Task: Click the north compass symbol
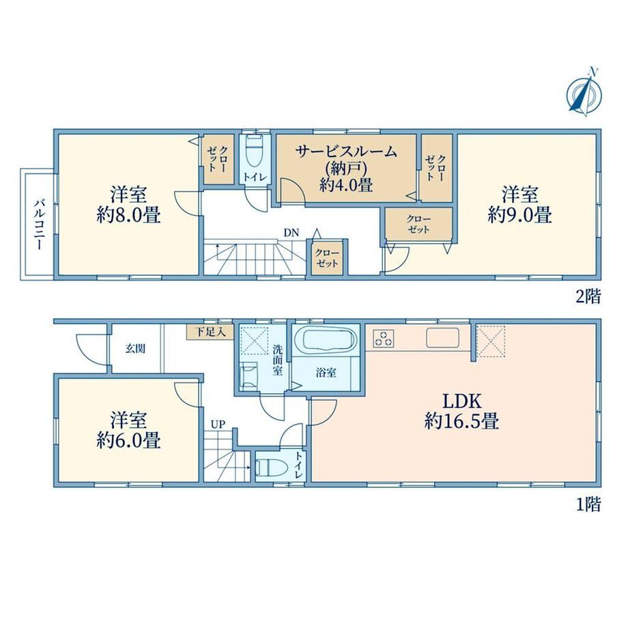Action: coord(584,94)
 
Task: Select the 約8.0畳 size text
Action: coord(128,216)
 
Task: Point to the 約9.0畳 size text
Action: coord(520,215)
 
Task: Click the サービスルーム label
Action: coord(346,152)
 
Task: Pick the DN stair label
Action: coord(291,233)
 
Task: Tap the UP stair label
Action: coord(218,425)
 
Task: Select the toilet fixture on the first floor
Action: coord(272,467)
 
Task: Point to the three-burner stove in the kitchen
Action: coord(384,339)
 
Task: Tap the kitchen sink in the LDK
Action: coord(442,338)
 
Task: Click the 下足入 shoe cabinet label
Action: coord(210,332)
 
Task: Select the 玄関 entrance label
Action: coord(135,348)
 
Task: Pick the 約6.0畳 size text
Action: coord(128,440)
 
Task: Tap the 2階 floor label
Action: coord(588,296)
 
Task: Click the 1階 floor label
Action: coord(588,504)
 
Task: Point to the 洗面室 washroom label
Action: coord(278,360)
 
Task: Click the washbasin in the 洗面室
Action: coord(248,375)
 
